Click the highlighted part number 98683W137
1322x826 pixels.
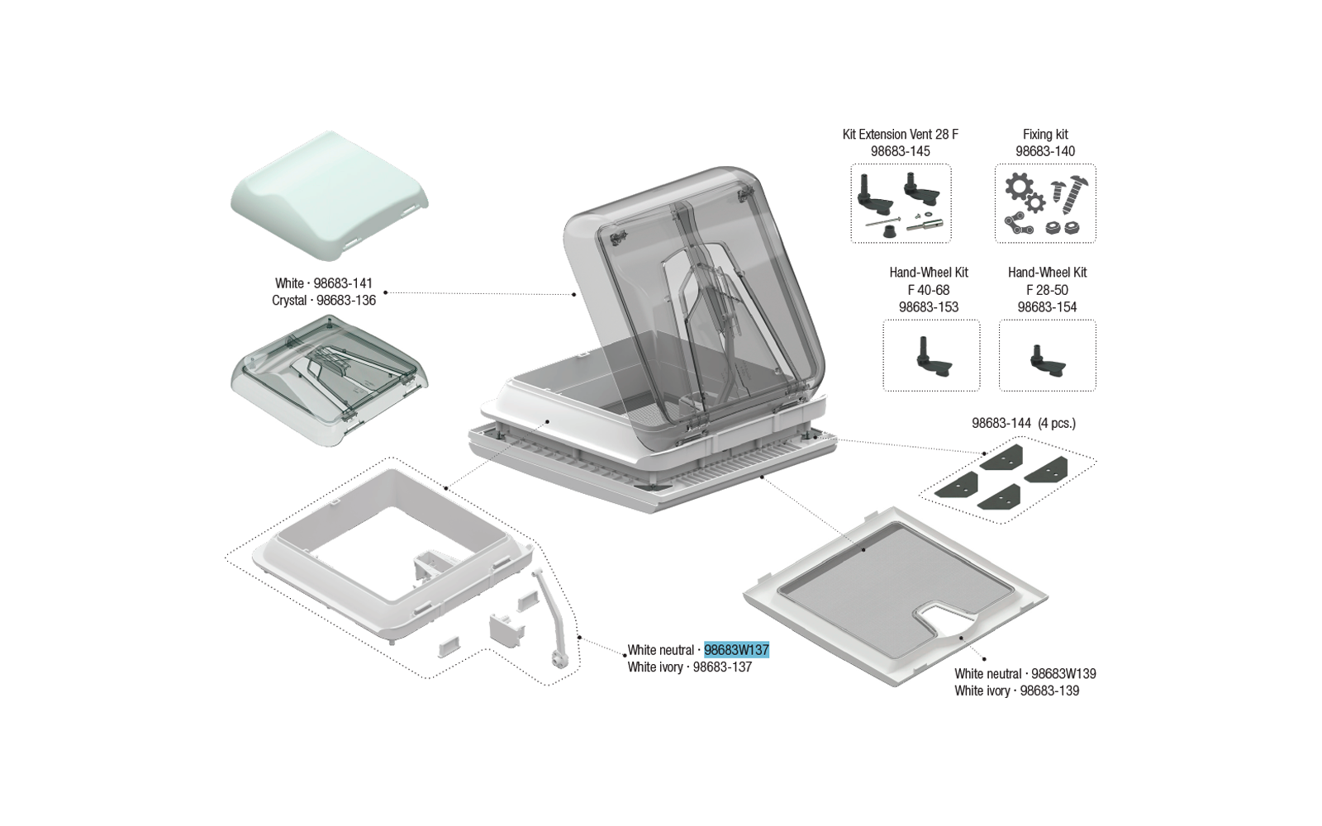tap(736, 649)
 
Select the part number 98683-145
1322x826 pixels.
tap(900, 151)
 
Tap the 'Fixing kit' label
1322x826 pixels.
tap(1045, 135)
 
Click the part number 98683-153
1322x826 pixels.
tap(929, 306)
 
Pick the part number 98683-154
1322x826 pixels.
tap(1047, 306)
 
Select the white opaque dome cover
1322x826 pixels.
tap(330, 196)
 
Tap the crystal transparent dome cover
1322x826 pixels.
tap(330, 381)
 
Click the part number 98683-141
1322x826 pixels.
tap(343, 283)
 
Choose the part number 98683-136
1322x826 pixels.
tap(346, 301)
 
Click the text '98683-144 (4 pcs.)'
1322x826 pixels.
tap(1024, 423)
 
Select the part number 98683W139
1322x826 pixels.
tap(1063, 674)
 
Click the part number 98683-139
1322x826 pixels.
tap(1049, 691)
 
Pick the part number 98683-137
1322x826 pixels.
tap(722, 667)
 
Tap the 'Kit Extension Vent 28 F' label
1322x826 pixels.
tap(900, 135)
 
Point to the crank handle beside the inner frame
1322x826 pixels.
tap(552, 619)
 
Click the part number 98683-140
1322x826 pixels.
tap(1045, 151)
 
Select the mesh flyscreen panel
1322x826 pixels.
tap(896, 596)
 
